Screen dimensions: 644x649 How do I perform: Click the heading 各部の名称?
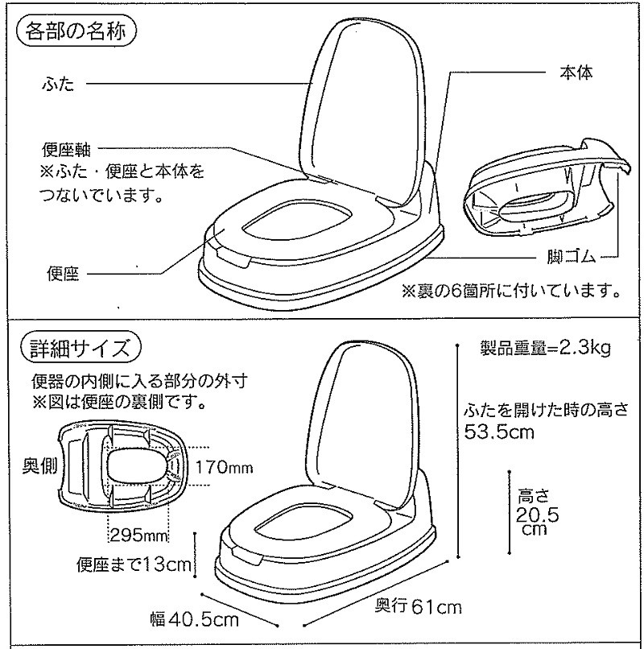(76, 32)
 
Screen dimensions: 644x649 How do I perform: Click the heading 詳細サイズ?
(80, 349)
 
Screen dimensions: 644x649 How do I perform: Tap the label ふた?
(58, 84)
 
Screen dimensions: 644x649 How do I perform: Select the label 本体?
(576, 72)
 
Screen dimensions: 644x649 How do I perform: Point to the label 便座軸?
(66, 150)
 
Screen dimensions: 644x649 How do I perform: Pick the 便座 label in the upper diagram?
(63, 273)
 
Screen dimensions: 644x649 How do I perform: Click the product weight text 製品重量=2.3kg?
(545, 348)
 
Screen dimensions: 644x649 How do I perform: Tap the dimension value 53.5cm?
(499, 432)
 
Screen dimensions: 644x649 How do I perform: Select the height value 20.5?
(537, 515)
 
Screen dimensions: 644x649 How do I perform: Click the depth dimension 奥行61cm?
(418, 607)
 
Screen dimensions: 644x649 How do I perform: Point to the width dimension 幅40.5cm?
(195, 619)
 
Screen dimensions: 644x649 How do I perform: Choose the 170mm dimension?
(224, 468)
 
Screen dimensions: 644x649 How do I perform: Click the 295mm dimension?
(139, 536)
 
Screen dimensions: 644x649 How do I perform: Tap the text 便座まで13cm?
(134, 564)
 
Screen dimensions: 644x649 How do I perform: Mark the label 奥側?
(39, 466)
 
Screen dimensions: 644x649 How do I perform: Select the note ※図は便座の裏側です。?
(120, 402)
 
